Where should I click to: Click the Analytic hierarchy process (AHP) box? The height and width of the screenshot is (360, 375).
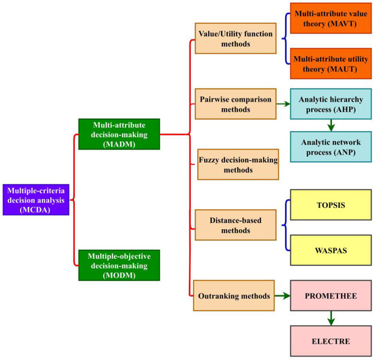330,106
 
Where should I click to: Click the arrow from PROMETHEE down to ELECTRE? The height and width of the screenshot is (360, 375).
330,317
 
